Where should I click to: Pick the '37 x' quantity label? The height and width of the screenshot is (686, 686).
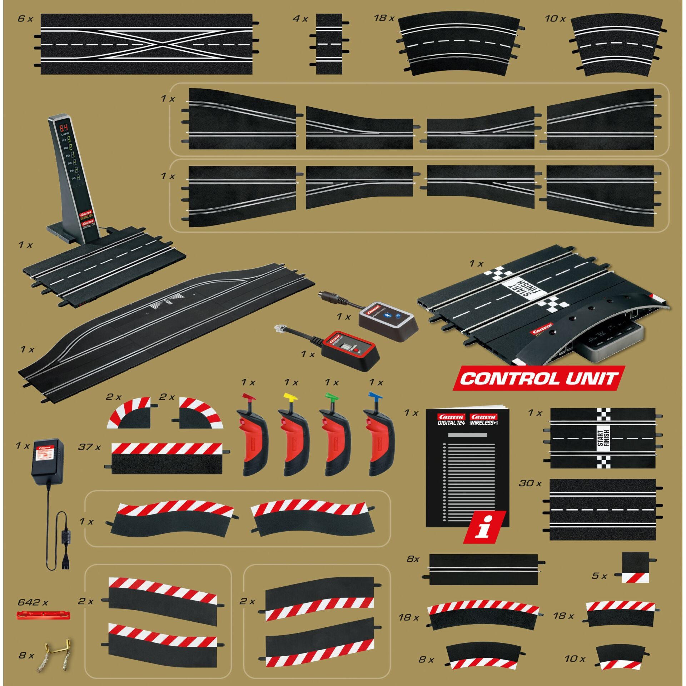[x=89, y=447]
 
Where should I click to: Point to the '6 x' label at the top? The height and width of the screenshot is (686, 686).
[x=25, y=19]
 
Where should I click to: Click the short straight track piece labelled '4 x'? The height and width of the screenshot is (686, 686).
[x=329, y=44]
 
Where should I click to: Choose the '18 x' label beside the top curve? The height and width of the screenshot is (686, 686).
[x=384, y=18]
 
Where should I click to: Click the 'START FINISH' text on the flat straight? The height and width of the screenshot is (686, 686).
[x=603, y=438]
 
